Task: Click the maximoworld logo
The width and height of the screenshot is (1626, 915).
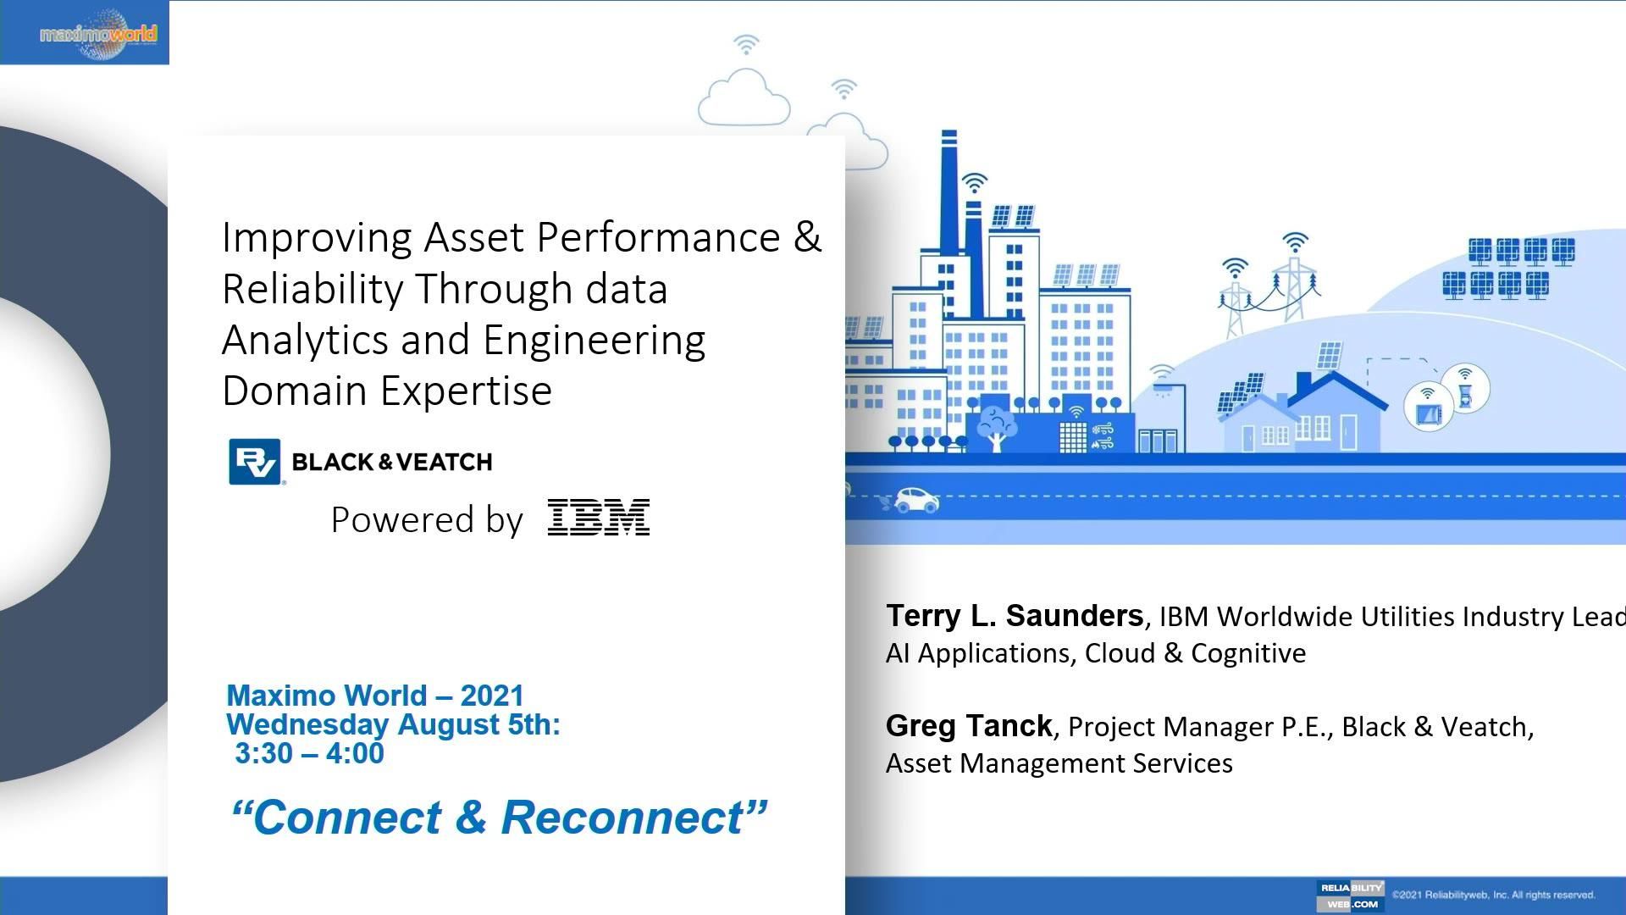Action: pyautogui.click(x=97, y=34)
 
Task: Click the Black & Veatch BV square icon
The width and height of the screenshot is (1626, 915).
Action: pyautogui.click(x=254, y=462)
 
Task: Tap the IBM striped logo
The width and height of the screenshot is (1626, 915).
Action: pyautogui.click(x=599, y=518)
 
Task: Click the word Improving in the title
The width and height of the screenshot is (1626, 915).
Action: pyautogui.click(x=317, y=237)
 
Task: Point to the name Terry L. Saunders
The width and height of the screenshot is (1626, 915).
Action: pyautogui.click(x=1014, y=616)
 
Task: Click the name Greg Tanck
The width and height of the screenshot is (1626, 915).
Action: pyautogui.click(x=968, y=726)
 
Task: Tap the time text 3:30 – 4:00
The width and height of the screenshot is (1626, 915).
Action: pyautogui.click(x=309, y=753)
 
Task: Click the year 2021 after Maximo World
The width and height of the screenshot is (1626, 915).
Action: pyautogui.click(x=492, y=696)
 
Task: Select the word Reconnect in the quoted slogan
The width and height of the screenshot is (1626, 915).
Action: pyautogui.click(x=622, y=818)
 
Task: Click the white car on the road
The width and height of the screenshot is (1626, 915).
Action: pyautogui.click(x=916, y=501)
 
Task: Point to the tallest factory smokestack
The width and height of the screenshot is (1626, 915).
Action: pyautogui.click(x=948, y=195)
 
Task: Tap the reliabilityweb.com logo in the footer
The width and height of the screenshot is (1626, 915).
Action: pyautogui.click(x=1351, y=896)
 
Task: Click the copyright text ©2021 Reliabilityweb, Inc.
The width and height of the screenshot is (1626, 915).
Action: pyautogui.click(x=1492, y=895)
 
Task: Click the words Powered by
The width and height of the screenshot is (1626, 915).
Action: pyautogui.click(x=427, y=519)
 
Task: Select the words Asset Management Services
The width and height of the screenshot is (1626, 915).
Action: pyautogui.click(x=1059, y=763)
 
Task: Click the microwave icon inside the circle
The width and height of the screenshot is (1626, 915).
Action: pyautogui.click(x=1429, y=408)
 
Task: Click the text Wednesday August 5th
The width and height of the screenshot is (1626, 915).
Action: pyautogui.click(x=393, y=724)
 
